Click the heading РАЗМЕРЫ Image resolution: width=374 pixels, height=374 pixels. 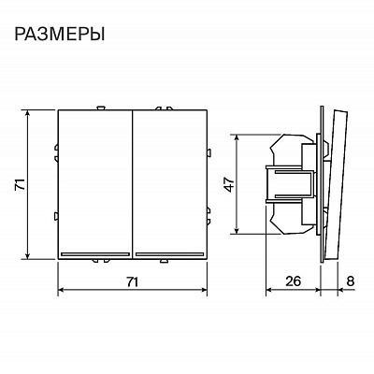[59, 34]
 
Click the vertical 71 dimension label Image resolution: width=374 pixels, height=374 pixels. [20, 184]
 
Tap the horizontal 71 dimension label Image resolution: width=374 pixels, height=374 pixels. [132, 281]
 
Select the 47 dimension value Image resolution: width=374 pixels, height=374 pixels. [230, 184]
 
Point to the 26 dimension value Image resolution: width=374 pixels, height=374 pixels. [294, 280]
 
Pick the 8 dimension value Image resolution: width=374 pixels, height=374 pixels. [350, 280]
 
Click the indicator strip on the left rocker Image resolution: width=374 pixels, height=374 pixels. [95, 254]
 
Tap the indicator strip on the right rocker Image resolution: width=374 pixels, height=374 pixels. [170, 254]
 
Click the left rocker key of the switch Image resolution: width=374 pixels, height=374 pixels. [95, 184]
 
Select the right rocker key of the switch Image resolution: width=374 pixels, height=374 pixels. [170, 184]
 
